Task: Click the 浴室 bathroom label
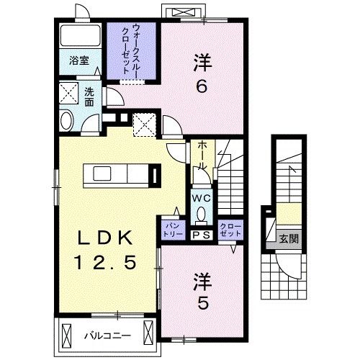[x=79, y=62]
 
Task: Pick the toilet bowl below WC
[x=201, y=213]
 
